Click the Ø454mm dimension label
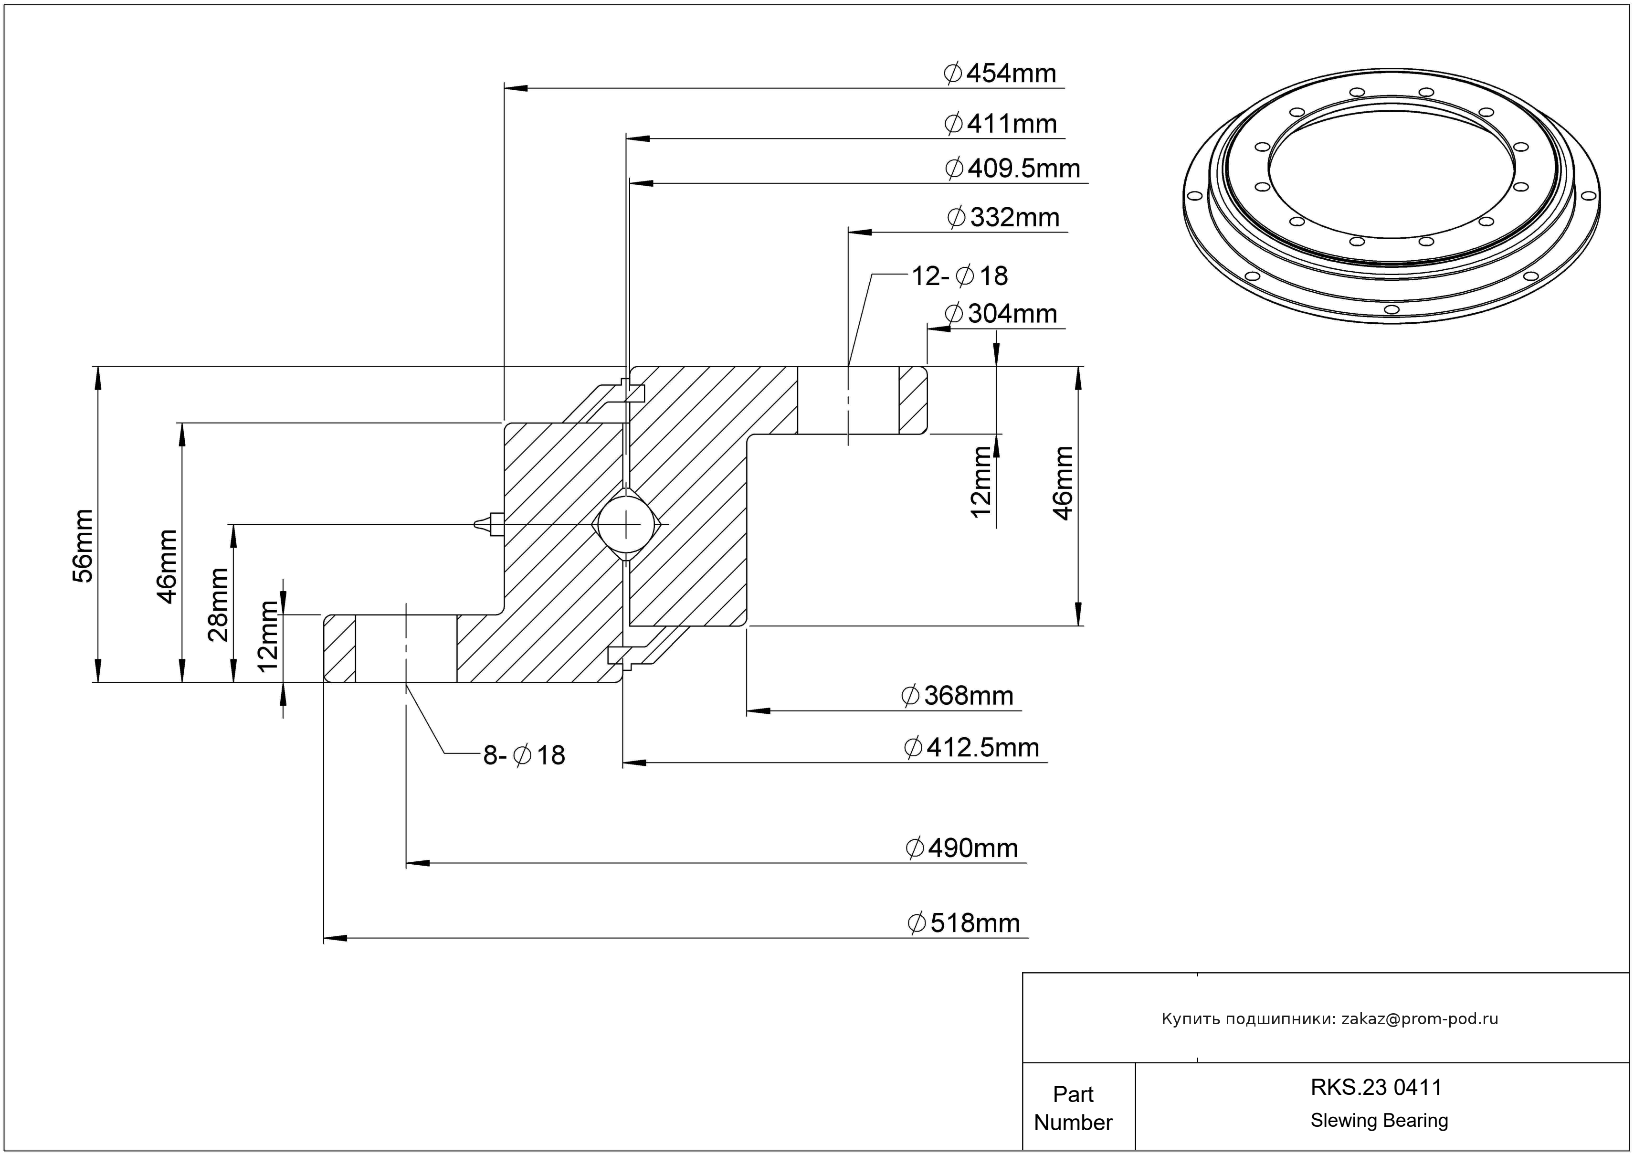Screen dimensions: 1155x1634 pyautogui.click(x=1000, y=74)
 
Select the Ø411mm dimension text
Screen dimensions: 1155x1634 pyautogui.click(x=1001, y=124)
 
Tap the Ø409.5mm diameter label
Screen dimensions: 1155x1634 pyautogui.click(x=1012, y=169)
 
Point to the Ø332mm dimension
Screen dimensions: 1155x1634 pyautogui.click(x=1003, y=217)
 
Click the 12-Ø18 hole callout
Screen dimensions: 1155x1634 pyautogui.click(x=959, y=276)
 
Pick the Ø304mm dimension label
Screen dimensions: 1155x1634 pyautogui.click(x=1001, y=314)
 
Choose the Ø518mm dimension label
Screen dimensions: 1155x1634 pyautogui.click(x=964, y=923)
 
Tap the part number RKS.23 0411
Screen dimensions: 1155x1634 pyautogui.click(x=1376, y=1087)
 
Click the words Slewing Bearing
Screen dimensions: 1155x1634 pyautogui.click(x=1379, y=1121)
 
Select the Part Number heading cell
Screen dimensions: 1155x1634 pyautogui.click(x=1073, y=1108)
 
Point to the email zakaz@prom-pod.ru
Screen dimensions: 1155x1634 pyautogui.click(x=1419, y=1019)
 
